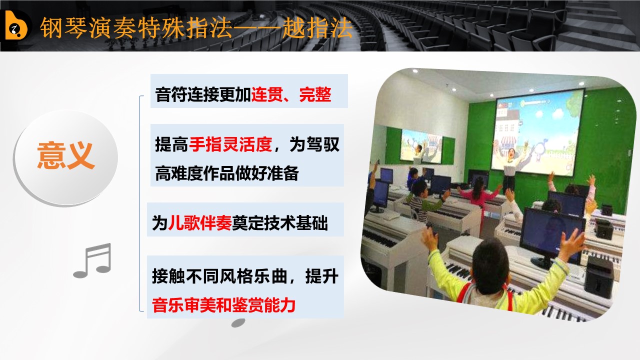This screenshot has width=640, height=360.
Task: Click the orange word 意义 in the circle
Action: click(65, 156)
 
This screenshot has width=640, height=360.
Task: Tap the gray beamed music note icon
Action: click(92, 260)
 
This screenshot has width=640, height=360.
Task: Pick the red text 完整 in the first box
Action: click(315, 94)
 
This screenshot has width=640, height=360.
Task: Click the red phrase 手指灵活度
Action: click(230, 144)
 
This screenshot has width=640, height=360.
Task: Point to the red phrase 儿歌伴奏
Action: click(199, 223)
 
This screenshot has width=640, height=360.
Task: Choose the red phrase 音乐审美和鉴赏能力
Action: click(223, 305)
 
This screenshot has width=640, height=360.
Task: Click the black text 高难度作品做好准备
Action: click(227, 173)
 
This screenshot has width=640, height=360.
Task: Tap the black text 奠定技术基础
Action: click(279, 223)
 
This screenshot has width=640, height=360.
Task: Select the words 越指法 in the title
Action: click(317, 27)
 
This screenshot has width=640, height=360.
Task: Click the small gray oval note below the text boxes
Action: click(238, 322)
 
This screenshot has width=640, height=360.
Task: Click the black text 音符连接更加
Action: click(203, 94)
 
